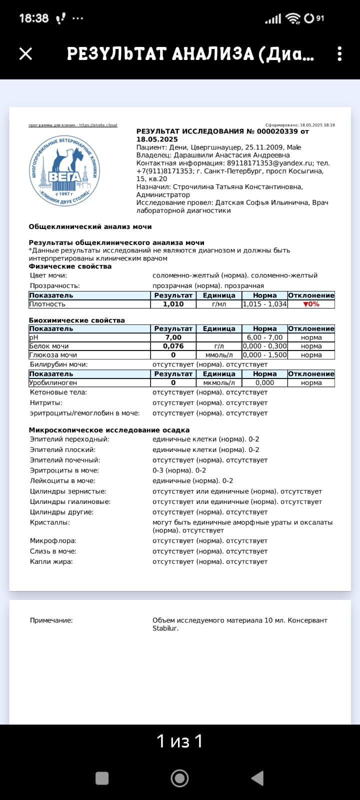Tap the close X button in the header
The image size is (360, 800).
[x=25, y=53]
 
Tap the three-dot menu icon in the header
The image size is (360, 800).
[x=339, y=53]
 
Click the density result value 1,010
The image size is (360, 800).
[x=173, y=304]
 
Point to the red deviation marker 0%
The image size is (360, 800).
[x=311, y=304]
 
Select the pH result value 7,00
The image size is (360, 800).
[x=173, y=337]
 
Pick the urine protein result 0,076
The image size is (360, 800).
[x=173, y=346]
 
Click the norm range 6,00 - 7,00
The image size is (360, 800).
[x=264, y=337]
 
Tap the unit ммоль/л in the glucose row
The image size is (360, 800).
[x=219, y=355]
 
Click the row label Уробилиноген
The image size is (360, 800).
[x=53, y=383]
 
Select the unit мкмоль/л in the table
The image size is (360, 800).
[x=219, y=383]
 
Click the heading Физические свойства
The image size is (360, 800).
[x=70, y=266]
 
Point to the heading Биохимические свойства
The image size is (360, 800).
[x=76, y=320]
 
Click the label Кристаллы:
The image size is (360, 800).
[x=49, y=522]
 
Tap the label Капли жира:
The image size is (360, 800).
[x=51, y=562]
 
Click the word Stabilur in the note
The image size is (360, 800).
[x=165, y=628]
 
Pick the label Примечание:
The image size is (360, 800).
[x=51, y=620]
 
